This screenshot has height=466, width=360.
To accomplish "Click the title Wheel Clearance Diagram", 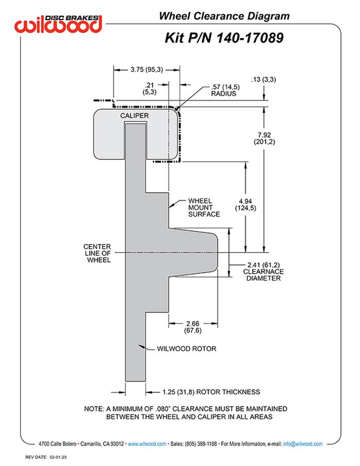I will pyautogui.click(x=224, y=16).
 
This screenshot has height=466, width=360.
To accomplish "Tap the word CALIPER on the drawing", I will pyautogui.click(x=135, y=116).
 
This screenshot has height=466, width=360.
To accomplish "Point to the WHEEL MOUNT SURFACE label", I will pyautogui.click(x=204, y=207).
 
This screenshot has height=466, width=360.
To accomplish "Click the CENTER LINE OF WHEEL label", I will pyautogui.click(x=97, y=253).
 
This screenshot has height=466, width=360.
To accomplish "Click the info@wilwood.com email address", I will pyautogui.click(x=302, y=443).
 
